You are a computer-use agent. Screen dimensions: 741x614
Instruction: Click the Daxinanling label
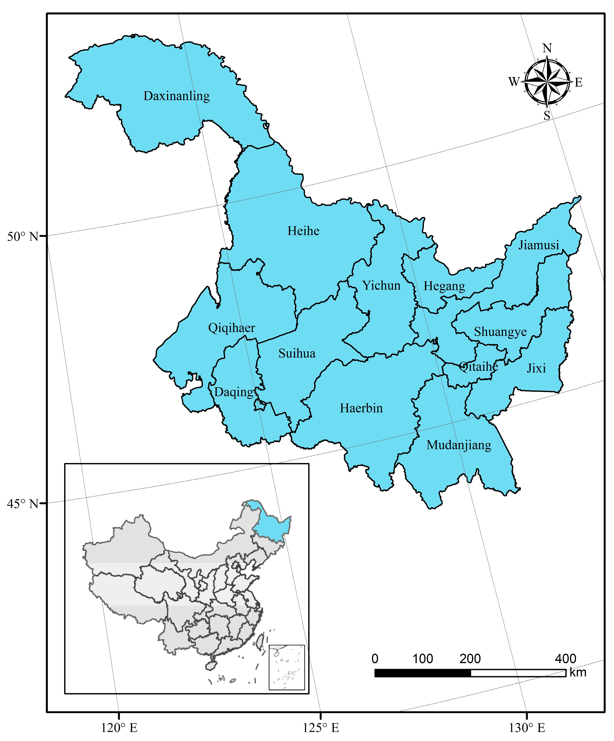(176, 96)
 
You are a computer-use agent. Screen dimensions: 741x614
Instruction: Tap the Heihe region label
(303, 231)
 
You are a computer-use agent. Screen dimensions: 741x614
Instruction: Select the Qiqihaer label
(231, 328)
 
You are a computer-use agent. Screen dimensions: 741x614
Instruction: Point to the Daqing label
(234, 392)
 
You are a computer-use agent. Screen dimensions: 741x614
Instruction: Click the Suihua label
(297, 353)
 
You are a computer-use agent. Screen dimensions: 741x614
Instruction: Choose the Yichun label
(382, 285)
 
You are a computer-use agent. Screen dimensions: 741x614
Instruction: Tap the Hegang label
(444, 286)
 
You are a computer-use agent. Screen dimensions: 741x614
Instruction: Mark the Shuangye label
(500, 332)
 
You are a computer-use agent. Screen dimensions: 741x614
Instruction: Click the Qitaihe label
(479, 367)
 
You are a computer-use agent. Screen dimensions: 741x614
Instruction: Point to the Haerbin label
(361, 408)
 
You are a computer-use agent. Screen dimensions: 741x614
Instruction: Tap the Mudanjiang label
(459, 445)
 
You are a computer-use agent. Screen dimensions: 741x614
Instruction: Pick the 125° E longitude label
(321, 728)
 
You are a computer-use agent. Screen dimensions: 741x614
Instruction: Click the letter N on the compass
(547, 48)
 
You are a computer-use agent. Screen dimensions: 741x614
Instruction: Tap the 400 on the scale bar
(565, 659)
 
